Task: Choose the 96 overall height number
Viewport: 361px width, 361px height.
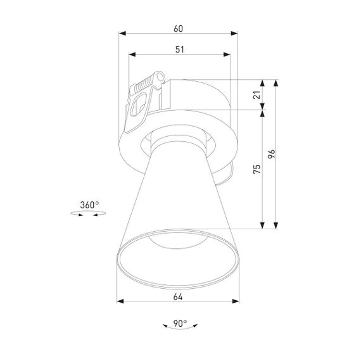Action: tap(271, 154)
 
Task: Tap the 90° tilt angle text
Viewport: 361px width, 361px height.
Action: tap(179, 324)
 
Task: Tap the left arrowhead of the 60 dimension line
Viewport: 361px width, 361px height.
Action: tap(123, 35)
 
